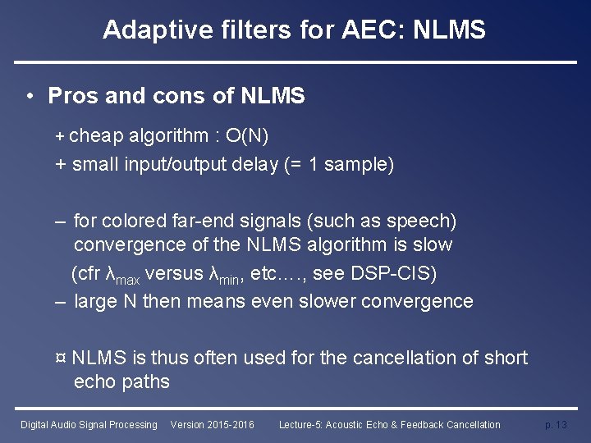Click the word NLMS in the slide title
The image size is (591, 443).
pos(450,30)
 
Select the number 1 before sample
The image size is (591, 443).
pos(314,164)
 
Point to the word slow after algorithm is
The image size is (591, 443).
pos(433,244)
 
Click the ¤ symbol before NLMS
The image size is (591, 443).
pos(61,359)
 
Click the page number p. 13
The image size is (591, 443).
pos(556,425)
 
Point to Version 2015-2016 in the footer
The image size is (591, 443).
pos(212,425)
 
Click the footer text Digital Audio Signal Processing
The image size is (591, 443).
pos(89,425)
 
